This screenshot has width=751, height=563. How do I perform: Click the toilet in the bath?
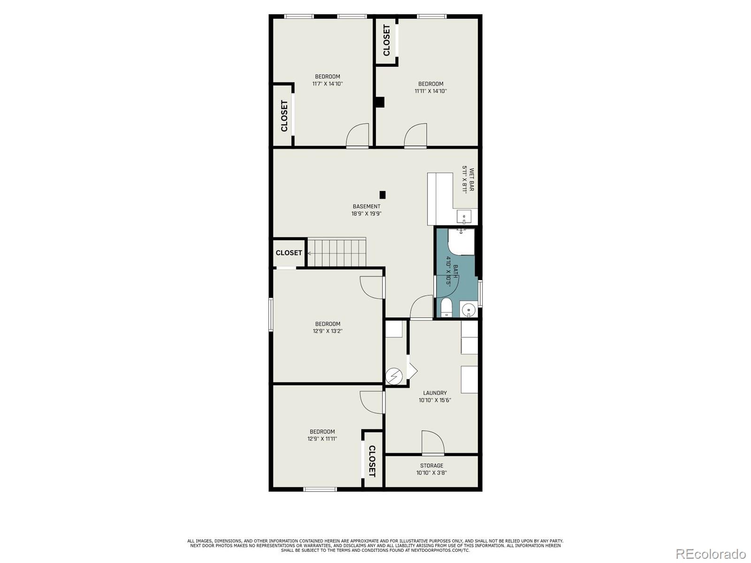click(446, 308)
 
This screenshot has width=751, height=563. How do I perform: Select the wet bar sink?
click(464, 217)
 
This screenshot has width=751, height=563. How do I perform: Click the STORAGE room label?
click(431, 469)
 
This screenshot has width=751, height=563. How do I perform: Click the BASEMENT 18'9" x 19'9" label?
click(367, 210)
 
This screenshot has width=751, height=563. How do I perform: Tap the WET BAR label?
click(468, 180)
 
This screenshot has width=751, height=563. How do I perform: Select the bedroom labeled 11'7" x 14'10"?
click(328, 80)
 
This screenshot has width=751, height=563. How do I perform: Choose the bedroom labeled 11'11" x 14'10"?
click(430, 87)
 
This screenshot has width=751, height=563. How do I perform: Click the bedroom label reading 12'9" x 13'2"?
click(328, 327)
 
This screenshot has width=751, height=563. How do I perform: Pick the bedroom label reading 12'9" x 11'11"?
click(322, 435)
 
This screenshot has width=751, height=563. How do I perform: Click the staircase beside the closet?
click(337, 252)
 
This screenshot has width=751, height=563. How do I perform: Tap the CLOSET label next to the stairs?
click(289, 253)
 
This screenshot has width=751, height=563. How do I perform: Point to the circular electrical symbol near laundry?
click(394, 376)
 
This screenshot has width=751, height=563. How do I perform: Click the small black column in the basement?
click(383, 194)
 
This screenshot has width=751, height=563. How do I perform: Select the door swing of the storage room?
click(433, 442)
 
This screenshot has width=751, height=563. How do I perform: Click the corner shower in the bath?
click(461, 242)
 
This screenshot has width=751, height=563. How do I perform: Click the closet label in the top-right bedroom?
click(386, 40)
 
